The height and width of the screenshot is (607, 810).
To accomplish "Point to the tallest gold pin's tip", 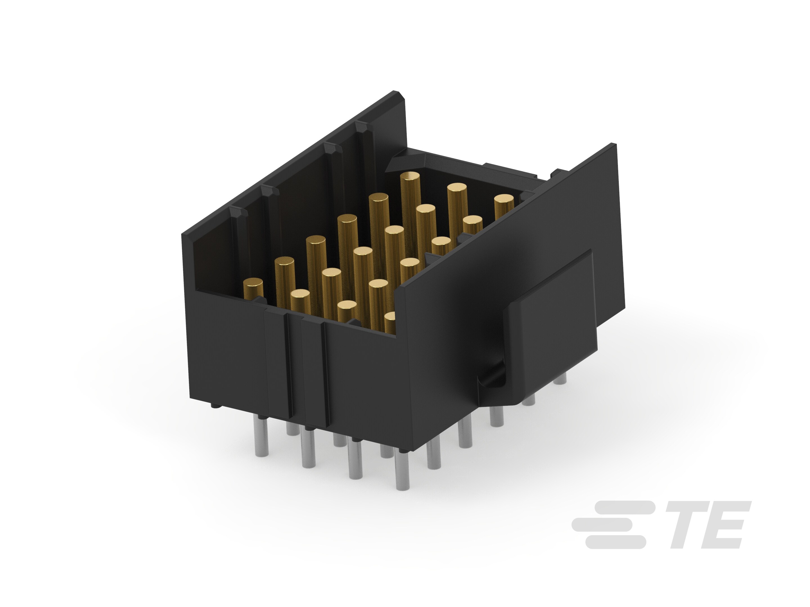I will click(410, 177).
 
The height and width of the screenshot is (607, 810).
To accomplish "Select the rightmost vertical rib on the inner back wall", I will click(364, 146).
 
